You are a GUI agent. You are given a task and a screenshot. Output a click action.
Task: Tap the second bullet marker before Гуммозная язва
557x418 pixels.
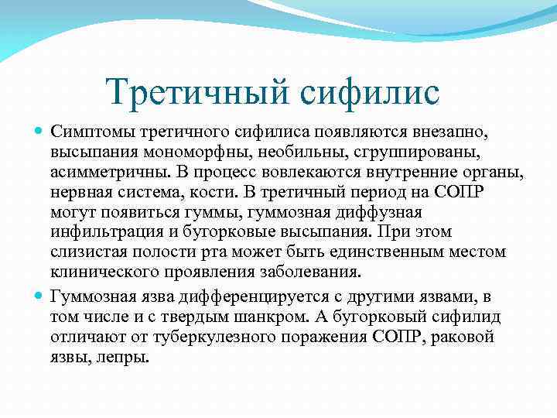click(x=39, y=296)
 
